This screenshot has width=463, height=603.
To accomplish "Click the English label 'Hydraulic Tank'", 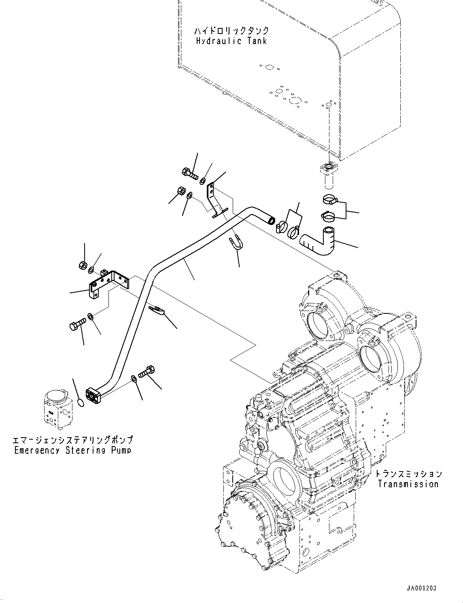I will (231, 41).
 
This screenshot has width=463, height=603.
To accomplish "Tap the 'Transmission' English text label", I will (408, 484).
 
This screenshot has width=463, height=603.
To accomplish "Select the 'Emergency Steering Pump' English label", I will (73, 450).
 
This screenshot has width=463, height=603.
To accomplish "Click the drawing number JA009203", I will (422, 588).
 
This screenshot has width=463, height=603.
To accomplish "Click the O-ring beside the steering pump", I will (81, 402).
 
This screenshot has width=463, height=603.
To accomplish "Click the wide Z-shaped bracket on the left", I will (108, 283).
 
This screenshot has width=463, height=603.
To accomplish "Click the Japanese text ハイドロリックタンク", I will (231, 31).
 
